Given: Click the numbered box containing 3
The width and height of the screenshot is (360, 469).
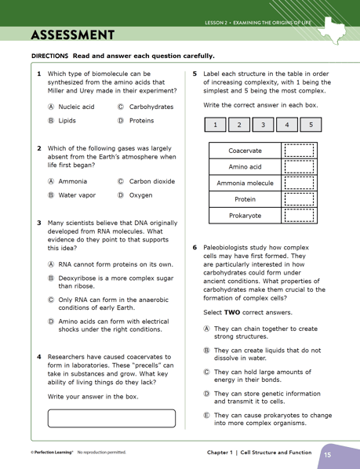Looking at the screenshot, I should (263, 125).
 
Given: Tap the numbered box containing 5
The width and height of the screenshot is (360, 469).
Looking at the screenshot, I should (311, 125).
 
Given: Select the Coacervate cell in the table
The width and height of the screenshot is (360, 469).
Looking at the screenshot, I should (245, 151).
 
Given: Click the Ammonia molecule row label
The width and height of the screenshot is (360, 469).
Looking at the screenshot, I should (245, 183).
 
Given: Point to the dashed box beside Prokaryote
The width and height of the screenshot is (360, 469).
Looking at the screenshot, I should (298, 215).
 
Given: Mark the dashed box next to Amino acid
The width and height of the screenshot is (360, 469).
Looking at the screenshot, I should (298, 167).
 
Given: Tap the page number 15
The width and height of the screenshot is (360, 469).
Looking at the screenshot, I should (328, 454).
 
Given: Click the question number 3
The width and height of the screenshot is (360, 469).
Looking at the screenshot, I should (39, 223).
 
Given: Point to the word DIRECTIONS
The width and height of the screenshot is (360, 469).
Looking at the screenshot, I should (49, 56).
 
